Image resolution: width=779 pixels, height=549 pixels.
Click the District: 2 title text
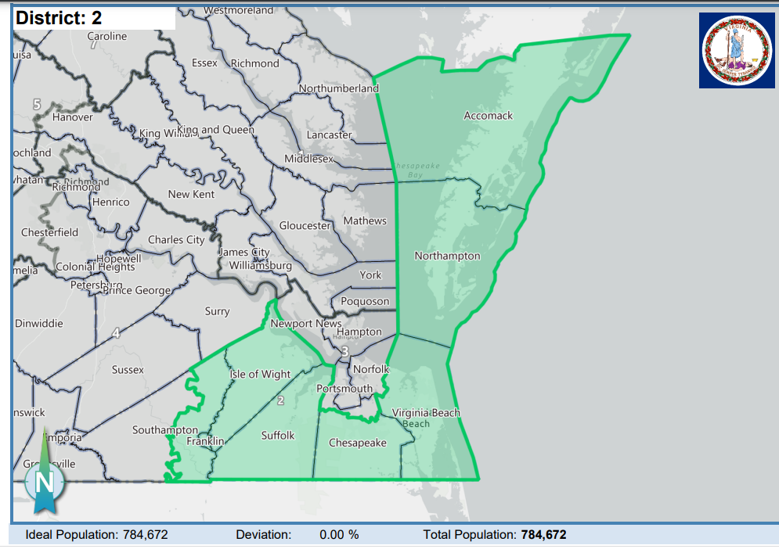(x=59, y=17)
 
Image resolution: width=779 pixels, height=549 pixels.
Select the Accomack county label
(x=488, y=116)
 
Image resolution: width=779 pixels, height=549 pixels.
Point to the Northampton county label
(x=447, y=256)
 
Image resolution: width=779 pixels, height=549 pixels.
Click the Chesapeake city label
(x=357, y=443)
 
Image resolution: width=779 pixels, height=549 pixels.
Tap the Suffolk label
(x=278, y=435)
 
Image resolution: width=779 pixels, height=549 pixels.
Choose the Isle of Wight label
(x=260, y=375)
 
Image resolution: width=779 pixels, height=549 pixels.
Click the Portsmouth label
(x=344, y=389)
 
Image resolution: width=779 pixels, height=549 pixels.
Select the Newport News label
(x=305, y=323)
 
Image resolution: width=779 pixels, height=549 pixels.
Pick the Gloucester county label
(x=305, y=226)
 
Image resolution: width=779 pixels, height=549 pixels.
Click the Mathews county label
(x=365, y=221)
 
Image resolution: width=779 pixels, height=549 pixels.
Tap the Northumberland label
(x=339, y=88)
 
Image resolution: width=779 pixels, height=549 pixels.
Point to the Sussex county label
(x=128, y=369)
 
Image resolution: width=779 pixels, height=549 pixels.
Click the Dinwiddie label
(x=38, y=323)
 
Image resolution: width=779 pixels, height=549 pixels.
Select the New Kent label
(x=191, y=194)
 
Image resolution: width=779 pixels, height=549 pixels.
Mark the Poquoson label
(x=365, y=301)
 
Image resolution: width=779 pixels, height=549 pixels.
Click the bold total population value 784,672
(x=543, y=535)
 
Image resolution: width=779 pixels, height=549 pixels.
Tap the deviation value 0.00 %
(x=339, y=535)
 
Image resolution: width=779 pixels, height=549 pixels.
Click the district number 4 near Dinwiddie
(x=116, y=333)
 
